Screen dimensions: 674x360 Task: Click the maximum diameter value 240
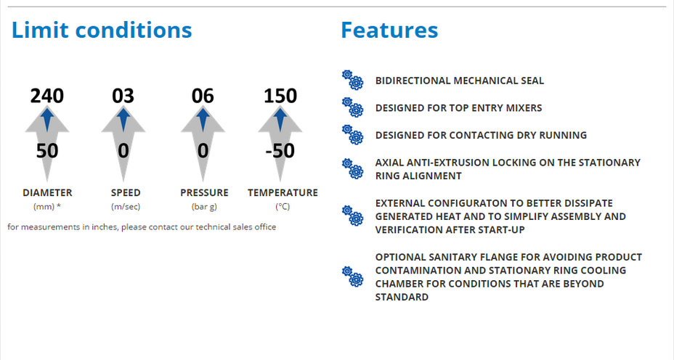pos(47,95)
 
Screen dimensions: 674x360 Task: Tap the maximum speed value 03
pos(123,95)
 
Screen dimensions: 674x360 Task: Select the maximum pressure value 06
pos(203,95)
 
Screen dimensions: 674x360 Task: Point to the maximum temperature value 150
pos(280,95)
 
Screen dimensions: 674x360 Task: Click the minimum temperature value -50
pos(280,151)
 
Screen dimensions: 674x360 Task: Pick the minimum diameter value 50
pos(47,151)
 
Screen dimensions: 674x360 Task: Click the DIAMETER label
pos(47,193)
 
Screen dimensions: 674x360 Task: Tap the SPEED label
pos(126,193)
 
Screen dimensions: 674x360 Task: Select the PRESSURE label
pos(204,193)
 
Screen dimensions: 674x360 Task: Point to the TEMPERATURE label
pos(283,193)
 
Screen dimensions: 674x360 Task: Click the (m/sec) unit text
pos(126,207)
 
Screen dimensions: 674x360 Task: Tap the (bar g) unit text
pos(204,207)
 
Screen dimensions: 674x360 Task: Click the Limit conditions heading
pos(102,30)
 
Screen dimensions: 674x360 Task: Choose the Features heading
pos(389,30)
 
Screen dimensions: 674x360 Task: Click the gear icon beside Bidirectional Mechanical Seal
pos(352,80)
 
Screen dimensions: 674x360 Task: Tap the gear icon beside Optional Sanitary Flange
pos(352,277)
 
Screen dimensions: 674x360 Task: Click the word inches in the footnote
pos(105,227)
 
